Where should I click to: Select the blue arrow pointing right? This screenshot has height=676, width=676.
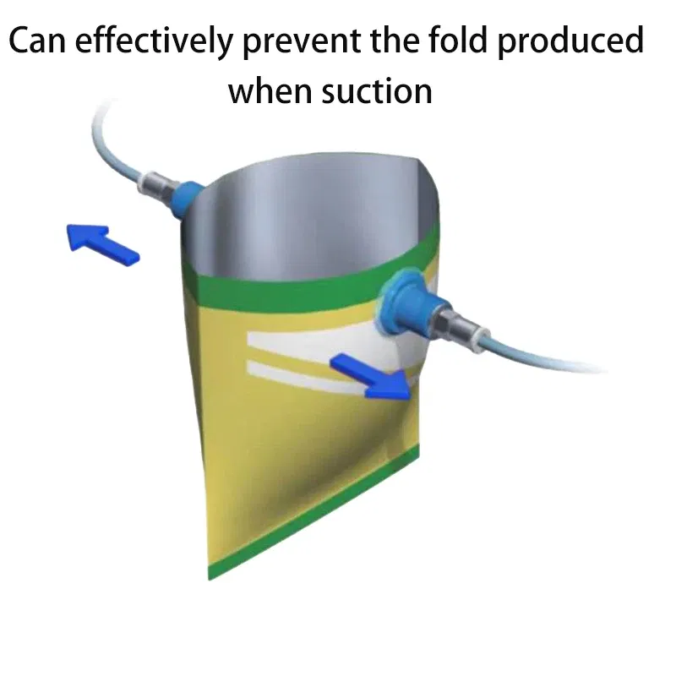click(x=372, y=375)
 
